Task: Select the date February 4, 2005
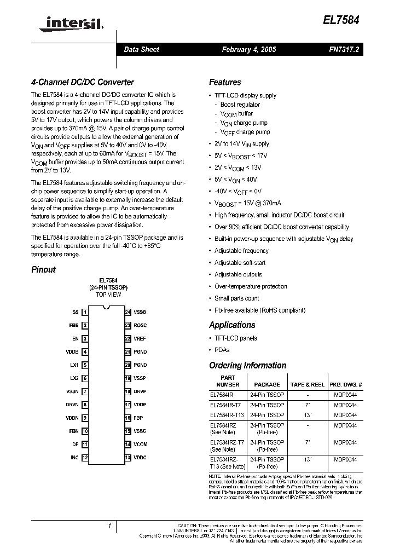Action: pyautogui.click(x=248, y=49)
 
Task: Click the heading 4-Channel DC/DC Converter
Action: pyautogui.click(x=83, y=82)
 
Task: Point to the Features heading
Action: pyautogui.click(x=225, y=82)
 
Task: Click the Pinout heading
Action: pyautogui.click(x=44, y=269)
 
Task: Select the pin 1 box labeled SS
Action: pyautogui.click(x=85, y=312)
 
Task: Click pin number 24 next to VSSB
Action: pyautogui.click(x=128, y=312)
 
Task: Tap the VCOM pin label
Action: pyautogui.click(x=141, y=445)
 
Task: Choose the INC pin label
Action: pyautogui.click(x=74, y=458)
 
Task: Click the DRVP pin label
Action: pyautogui.click(x=140, y=391)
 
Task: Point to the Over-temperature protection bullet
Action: pyautogui.click(x=251, y=286)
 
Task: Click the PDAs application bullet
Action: pyautogui.click(x=222, y=350)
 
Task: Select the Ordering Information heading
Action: pyautogui.click(x=247, y=366)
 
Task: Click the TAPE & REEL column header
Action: pyautogui.click(x=306, y=385)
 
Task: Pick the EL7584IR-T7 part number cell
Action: pyautogui.click(x=225, y=405)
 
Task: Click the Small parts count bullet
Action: pyautogui.click(x=237, y=298)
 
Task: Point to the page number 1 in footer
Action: pyautogui.click(x=109, y=526)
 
